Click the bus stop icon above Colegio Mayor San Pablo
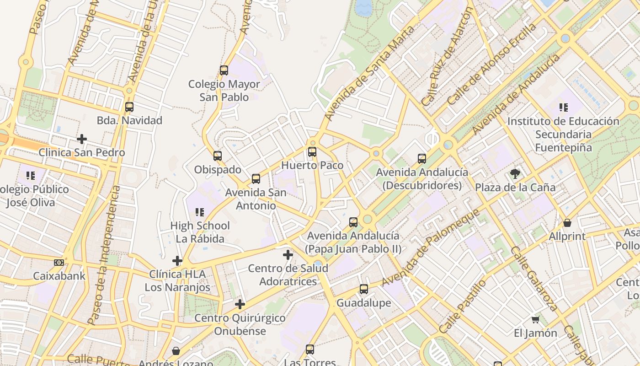click(x=224, y=70)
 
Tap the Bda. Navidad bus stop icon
click(x=129, y=107)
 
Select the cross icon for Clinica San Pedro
click(x=82, y=139)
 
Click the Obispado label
click(x=218, y=170)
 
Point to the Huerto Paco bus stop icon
click(x=312, y=152)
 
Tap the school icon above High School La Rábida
click(x=200, y=212)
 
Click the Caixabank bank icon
click(x=59, y=263)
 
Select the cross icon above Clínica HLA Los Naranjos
click(x=177, y=261)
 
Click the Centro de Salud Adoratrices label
click(x=288, y=274)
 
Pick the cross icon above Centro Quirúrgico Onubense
click(x=240, y=304)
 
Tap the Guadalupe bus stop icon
click(x=364, y=289)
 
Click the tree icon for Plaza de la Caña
click(x=515, y=174)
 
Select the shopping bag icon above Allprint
click(x=567, y=223)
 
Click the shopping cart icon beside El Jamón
click(x=536, y=319)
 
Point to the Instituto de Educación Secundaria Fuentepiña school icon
click(x=564, y=108)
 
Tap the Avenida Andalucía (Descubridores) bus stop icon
click(x=422, y=159)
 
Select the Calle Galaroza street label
click(x=533, y=279)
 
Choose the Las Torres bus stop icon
click(x=310, y=350)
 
